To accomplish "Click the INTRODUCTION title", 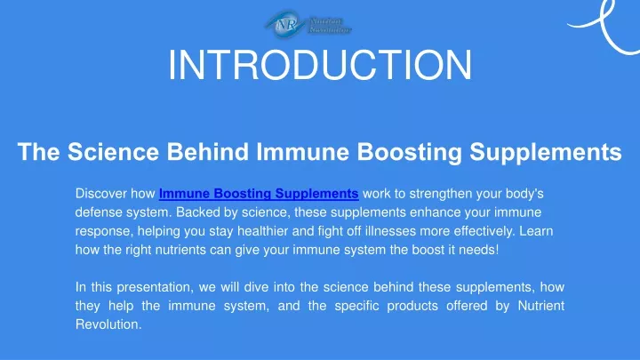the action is point(320,65).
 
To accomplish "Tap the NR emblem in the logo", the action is point(285,24).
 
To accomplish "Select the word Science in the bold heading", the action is point(113,151).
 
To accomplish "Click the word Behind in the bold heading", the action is point(207,151).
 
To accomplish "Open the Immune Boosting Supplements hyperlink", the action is point(259,194).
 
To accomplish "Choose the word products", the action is point(412,306).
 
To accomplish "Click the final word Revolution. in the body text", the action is point(108,324).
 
